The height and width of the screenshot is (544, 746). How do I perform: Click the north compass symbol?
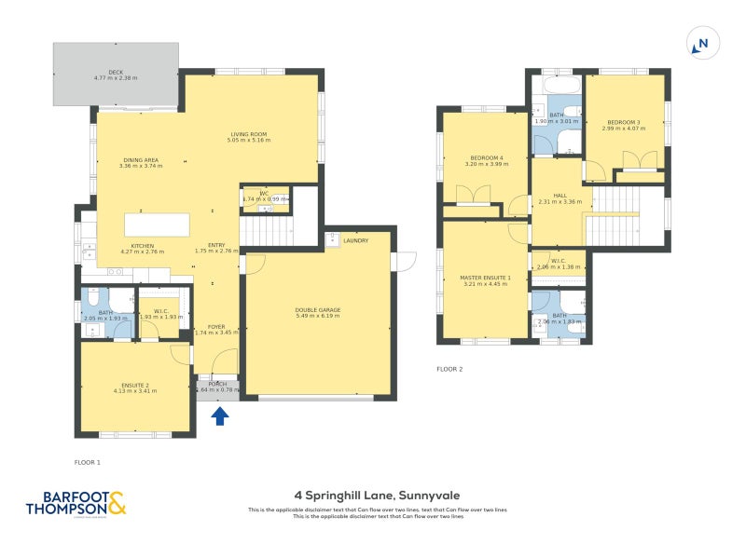pyautogui.click(x=701, y=42)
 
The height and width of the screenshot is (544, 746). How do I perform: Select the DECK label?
pyautogui.click(x=116, y=75)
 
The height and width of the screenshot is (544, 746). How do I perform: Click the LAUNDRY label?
pyautogui.click(x=355, y=240)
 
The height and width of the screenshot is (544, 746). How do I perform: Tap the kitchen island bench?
pyautogui.click(x=157, y=225)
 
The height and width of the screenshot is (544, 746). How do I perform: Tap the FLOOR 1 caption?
pyautogui.click(x=87, y=462)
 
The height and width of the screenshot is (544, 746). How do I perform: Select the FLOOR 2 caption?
pyautogui.click(x=449, y=369)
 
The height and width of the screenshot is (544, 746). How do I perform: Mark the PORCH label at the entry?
pyautogui.click(x=217, y=384)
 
